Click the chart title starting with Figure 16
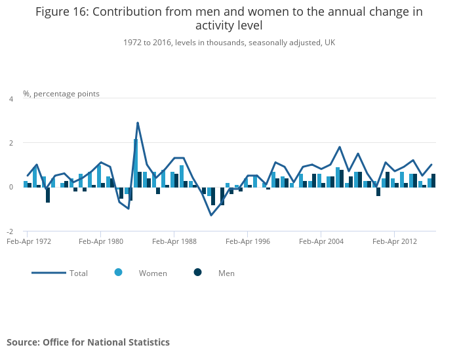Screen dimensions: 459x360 click(229, 18)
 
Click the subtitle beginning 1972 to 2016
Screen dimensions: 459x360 click(229, 43)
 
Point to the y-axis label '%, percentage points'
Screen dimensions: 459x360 click(61, 94)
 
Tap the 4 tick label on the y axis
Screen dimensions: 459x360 click(11, 99)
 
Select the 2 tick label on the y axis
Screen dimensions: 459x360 click(11, 143)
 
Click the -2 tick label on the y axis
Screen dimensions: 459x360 click(10, 231)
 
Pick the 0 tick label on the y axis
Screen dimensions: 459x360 click(11, 187)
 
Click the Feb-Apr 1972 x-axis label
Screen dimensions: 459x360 click(29, 241)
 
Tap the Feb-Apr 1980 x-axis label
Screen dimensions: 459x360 click(101, 241)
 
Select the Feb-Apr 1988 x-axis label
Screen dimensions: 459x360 click(174, 241)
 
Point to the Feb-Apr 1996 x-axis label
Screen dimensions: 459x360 click(248, 241)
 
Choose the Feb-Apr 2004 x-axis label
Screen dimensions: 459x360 click(321, 241)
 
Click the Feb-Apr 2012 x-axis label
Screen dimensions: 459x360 click(395, 241)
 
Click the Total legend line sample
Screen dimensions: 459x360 click(49, 273)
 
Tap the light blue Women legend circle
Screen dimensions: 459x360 click(118, 272)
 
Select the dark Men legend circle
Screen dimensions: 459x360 click(198, 272)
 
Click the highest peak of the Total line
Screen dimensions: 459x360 click(138, 123)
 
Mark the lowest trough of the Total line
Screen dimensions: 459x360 click(211, 216)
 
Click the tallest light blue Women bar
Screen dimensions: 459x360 click(136, 163)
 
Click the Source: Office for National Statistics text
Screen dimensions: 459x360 click(88, 342)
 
